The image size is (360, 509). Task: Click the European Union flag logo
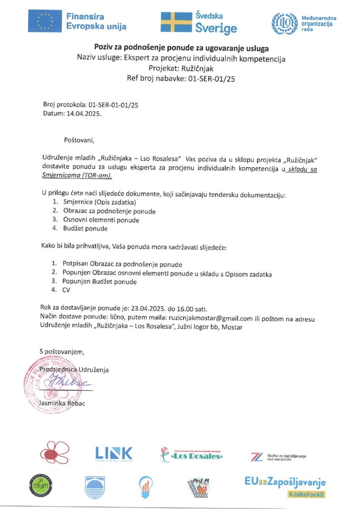[45, 21]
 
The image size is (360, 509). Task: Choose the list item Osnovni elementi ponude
[101, 220]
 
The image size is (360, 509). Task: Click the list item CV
[67, 290]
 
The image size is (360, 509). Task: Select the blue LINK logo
[114, 453]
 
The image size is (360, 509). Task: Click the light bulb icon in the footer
[145, 487]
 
